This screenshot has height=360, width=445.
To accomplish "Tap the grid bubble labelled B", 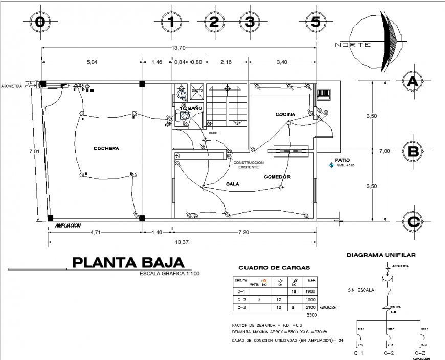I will coord(413,151).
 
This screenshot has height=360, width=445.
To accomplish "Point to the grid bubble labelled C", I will coord(413,221).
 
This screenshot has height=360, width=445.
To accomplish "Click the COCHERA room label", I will coord(106,149).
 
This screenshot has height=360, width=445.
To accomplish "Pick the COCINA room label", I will coord(285,114).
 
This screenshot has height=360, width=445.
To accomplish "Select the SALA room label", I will coord(233,183).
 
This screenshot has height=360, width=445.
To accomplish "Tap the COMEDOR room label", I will coord(277,177).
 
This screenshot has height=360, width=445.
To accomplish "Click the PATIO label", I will coord(342,160).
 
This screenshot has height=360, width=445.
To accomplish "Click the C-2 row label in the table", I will coord(240,299).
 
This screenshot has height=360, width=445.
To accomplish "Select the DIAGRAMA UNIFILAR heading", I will coord(381,254).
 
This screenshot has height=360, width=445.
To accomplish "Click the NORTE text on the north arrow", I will coord(353,45).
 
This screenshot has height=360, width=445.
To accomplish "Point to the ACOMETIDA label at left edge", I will coord(11,86).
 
